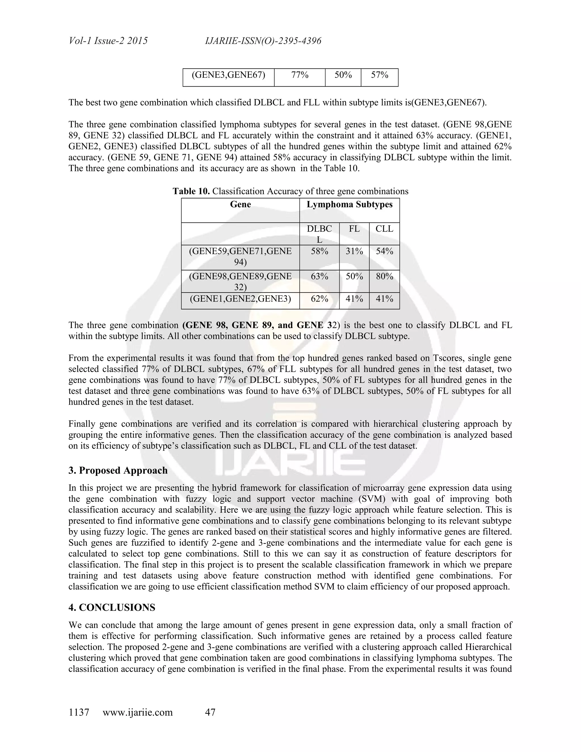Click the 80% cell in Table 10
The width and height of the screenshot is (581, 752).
pyautogui.click(x=384, y=276)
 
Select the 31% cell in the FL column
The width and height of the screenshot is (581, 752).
pyautogui.click(x=354, y=251)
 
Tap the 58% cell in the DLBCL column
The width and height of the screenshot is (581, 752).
pyautogui.click(x=319, y=251)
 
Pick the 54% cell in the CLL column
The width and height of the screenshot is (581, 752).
pyautogui.click(x=384, y=251)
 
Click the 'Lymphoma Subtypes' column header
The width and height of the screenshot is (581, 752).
pyautogui.click(x=349, y=205)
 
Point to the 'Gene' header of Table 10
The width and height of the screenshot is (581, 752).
pyautogui.click(x=240, y=205)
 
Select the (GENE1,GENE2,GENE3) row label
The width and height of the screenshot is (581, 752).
pyautogui.click(x=240, y=299)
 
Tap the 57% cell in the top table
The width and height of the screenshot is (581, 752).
pyautogui.click(x=379, y=75)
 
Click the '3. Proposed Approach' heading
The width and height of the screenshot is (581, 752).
pyautogui.click(x=118, y=470)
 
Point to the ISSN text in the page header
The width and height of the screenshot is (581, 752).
pyautogui.click(x=263, y=41)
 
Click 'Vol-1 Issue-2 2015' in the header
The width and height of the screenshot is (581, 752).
pyautogui.click(x=108, y=41)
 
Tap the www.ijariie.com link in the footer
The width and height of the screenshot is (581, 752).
pyautogui.click(x=138, y=712)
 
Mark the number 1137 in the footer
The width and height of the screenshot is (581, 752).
pyautogui.click(x=79, y=712)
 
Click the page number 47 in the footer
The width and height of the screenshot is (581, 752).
pyautogui.click(x=210, y=712)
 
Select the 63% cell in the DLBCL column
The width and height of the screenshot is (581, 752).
pyautogui.click(x=319, y=276)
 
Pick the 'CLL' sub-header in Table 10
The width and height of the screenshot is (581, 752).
pyautogui.click(x=384, y=229)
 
